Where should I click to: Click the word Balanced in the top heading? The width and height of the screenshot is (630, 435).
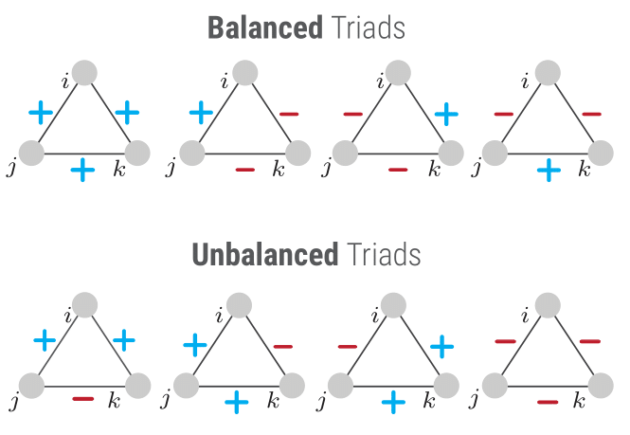pyautogui.click(x=265, y=27)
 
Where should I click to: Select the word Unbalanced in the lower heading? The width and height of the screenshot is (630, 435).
pyautogui.click(x=265, y=255)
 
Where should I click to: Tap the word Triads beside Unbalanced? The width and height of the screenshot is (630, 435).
pyautogui.click(x=384, y=255)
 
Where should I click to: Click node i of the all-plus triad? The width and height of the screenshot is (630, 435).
pyautogui.click(x=84, y=73)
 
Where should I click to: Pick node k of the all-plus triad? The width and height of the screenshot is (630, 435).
pyautogui.click(x=137, y=153)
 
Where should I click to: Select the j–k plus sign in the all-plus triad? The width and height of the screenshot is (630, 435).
pyautogui.click(x=82, y=170)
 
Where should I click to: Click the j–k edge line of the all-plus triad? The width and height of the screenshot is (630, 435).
pyautogui.click(x=84, y=154)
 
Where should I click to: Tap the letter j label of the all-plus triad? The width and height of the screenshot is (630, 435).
pyautogui.click(x=11, y=167)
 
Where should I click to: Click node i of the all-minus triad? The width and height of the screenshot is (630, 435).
pyautogui.click(x=548, y=305)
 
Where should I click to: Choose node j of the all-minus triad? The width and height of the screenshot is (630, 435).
pyautogui.click(x=495, y=385)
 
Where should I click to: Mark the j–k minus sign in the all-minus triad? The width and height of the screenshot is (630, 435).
pyautogui.click(x=548, y=402)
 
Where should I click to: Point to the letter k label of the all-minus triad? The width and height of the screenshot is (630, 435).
pyautogui.click(x=579, y=401)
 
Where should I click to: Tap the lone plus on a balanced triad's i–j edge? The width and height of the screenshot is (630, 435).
pyautogui.click(x=201, y=113)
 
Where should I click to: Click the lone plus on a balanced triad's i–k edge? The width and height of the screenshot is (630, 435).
pyautogui.click(x=446, y=114)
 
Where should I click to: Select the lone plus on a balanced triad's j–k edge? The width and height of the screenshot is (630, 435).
pyautogui.click(x=549, y=170)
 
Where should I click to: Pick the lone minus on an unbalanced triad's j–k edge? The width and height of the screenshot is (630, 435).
pyautogui.click(x=83, y=399)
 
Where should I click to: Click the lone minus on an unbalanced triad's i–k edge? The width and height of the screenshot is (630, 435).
pyautogui.click(x=283, y=346)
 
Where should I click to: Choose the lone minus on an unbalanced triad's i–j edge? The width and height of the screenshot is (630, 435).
pyautogui.click(x=348, y=346)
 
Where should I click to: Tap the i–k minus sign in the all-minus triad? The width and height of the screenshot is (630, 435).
pyautogui.click(x=590, y=341)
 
